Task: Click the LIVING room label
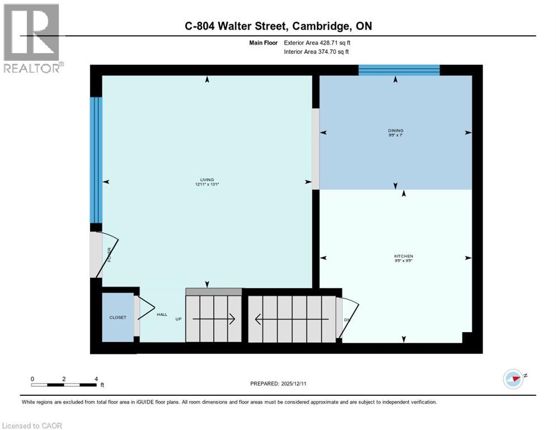[208, 179]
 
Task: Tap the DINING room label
[395, 130]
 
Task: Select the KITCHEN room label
[403, 256]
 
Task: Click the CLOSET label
[117, 317]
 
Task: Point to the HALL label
[162, 315]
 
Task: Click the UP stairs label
[179, 319]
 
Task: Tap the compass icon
[513, 379]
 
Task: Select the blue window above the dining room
[399, 70]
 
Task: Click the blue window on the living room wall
[96, 160]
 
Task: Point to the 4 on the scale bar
[96, 379]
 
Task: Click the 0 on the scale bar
[32, 379]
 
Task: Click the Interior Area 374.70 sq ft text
[317, 52]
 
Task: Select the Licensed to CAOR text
[32, 426]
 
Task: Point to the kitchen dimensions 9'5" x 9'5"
[403, 261]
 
